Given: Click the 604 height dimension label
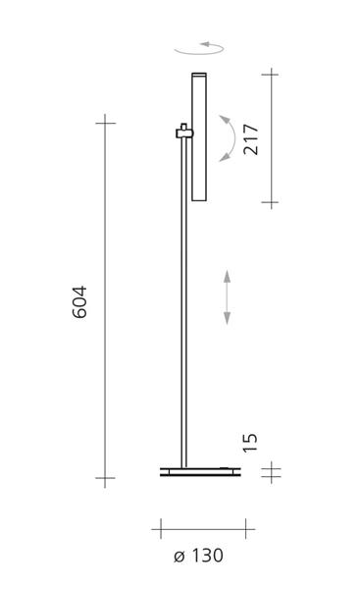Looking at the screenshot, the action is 79,302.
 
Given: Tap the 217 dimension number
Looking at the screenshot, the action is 251,139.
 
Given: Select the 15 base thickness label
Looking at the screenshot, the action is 250,443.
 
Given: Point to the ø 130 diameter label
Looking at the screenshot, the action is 198,556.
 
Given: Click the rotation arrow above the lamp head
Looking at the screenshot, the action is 199,49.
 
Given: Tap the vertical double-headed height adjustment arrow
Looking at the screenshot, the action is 227,296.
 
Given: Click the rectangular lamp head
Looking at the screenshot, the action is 199,136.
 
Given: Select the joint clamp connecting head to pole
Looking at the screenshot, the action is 184,132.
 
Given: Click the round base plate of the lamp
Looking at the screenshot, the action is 200,472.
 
